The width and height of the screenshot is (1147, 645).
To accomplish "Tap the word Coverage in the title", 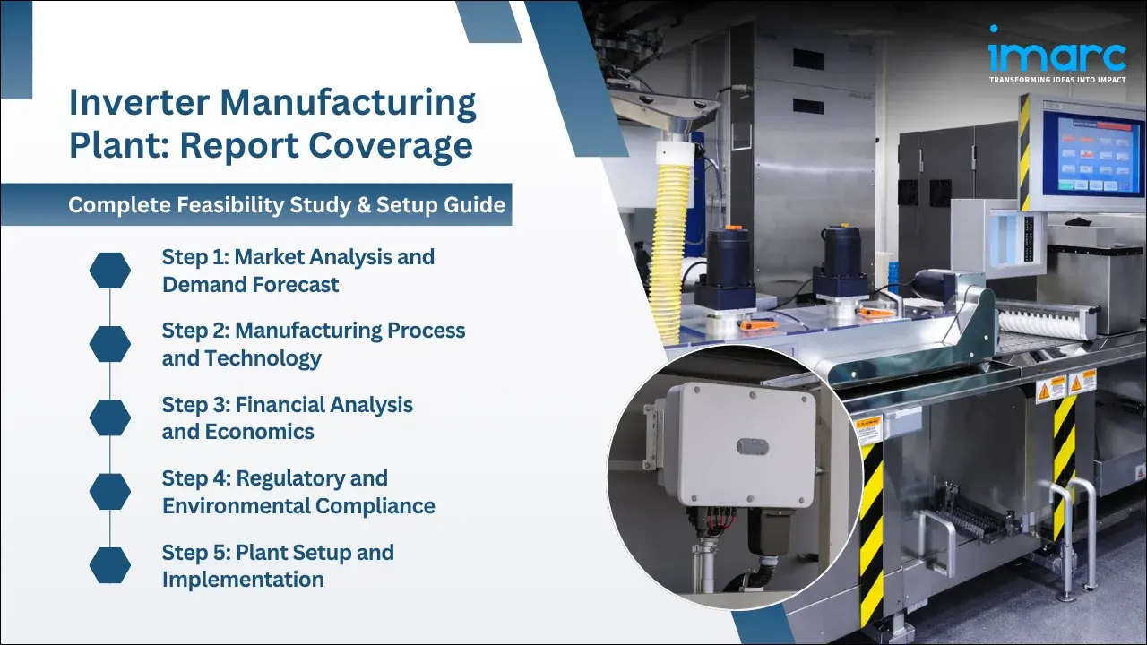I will point(386,145).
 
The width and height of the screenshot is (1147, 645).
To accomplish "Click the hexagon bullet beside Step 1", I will point(110,271).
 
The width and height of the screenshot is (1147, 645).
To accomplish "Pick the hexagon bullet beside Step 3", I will point(110,417).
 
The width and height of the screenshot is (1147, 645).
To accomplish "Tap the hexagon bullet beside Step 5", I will point(110,565).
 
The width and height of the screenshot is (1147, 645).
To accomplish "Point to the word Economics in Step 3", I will point(259,432).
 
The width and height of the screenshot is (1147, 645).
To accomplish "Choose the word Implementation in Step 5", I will point(243,580).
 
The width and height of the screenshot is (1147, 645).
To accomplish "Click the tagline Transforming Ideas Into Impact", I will point(1056,80).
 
